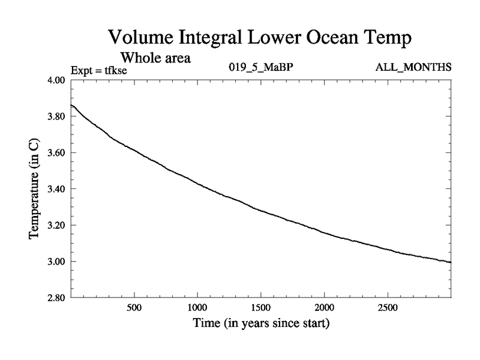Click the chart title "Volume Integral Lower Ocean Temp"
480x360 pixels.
(x=260, y=38)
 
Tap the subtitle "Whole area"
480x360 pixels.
(x=155, y=58)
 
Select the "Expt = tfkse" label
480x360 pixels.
(x=99, y=70)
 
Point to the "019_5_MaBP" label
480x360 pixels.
(x=261, y=67)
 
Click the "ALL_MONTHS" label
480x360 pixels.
(x=413, y=67)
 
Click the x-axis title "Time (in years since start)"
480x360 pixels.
(x=261, y=325)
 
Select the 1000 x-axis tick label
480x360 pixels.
(x=197, y=308)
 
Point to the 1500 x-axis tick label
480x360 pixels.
(x=261, y=308)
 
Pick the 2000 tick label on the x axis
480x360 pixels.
(x=325, y=308)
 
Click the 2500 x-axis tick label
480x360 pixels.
(x=388, y=308)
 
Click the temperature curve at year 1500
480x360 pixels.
(x=261, y=210)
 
